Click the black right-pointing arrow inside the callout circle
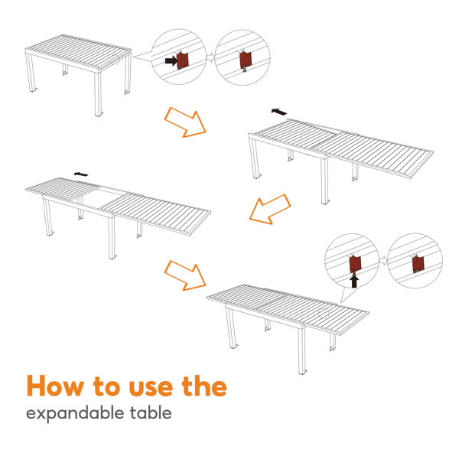[171, 58]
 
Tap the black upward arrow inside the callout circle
[353, 281]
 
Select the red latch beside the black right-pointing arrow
[184, 60]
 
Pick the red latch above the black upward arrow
[354, 264]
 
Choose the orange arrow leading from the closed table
[186, 122]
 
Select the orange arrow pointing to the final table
[186, 275]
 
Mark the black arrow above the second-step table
[280, 112]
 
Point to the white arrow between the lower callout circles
[382, 262]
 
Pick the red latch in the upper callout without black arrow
[244, 59]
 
